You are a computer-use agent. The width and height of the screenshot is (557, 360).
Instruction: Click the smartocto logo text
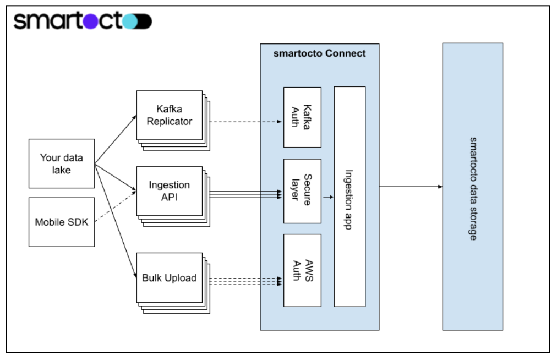pos(61,21)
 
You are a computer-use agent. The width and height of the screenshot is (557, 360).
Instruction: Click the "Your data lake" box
pos(62,163)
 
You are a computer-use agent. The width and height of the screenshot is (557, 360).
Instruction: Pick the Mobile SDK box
pos(62,222)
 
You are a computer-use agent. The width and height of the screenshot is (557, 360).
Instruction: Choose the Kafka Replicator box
pos(169,116)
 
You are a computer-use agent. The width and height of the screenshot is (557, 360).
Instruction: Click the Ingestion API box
pos(169,191)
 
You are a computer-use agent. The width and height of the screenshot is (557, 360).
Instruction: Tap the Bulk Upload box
pos(169,277)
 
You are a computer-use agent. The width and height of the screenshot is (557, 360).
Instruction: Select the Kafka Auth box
pos(302,117)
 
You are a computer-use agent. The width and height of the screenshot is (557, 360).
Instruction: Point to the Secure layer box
pos(302,191)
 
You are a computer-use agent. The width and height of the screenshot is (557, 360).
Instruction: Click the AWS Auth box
pos(302,270)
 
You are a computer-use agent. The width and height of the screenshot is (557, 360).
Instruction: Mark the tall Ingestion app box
pos(350,196)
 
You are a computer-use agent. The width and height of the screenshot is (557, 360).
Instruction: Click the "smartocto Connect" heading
pos(319,53)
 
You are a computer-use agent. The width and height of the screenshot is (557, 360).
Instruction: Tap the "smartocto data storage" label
pos(472,187)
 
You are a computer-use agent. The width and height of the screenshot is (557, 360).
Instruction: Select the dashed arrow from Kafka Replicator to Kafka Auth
pos(245,122)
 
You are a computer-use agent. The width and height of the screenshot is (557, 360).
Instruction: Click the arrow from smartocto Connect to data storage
pos(410,187)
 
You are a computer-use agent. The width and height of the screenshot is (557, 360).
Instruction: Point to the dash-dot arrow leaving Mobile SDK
pos(116,205)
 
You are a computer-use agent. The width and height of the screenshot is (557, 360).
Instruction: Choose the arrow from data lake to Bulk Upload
pos(116,220)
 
